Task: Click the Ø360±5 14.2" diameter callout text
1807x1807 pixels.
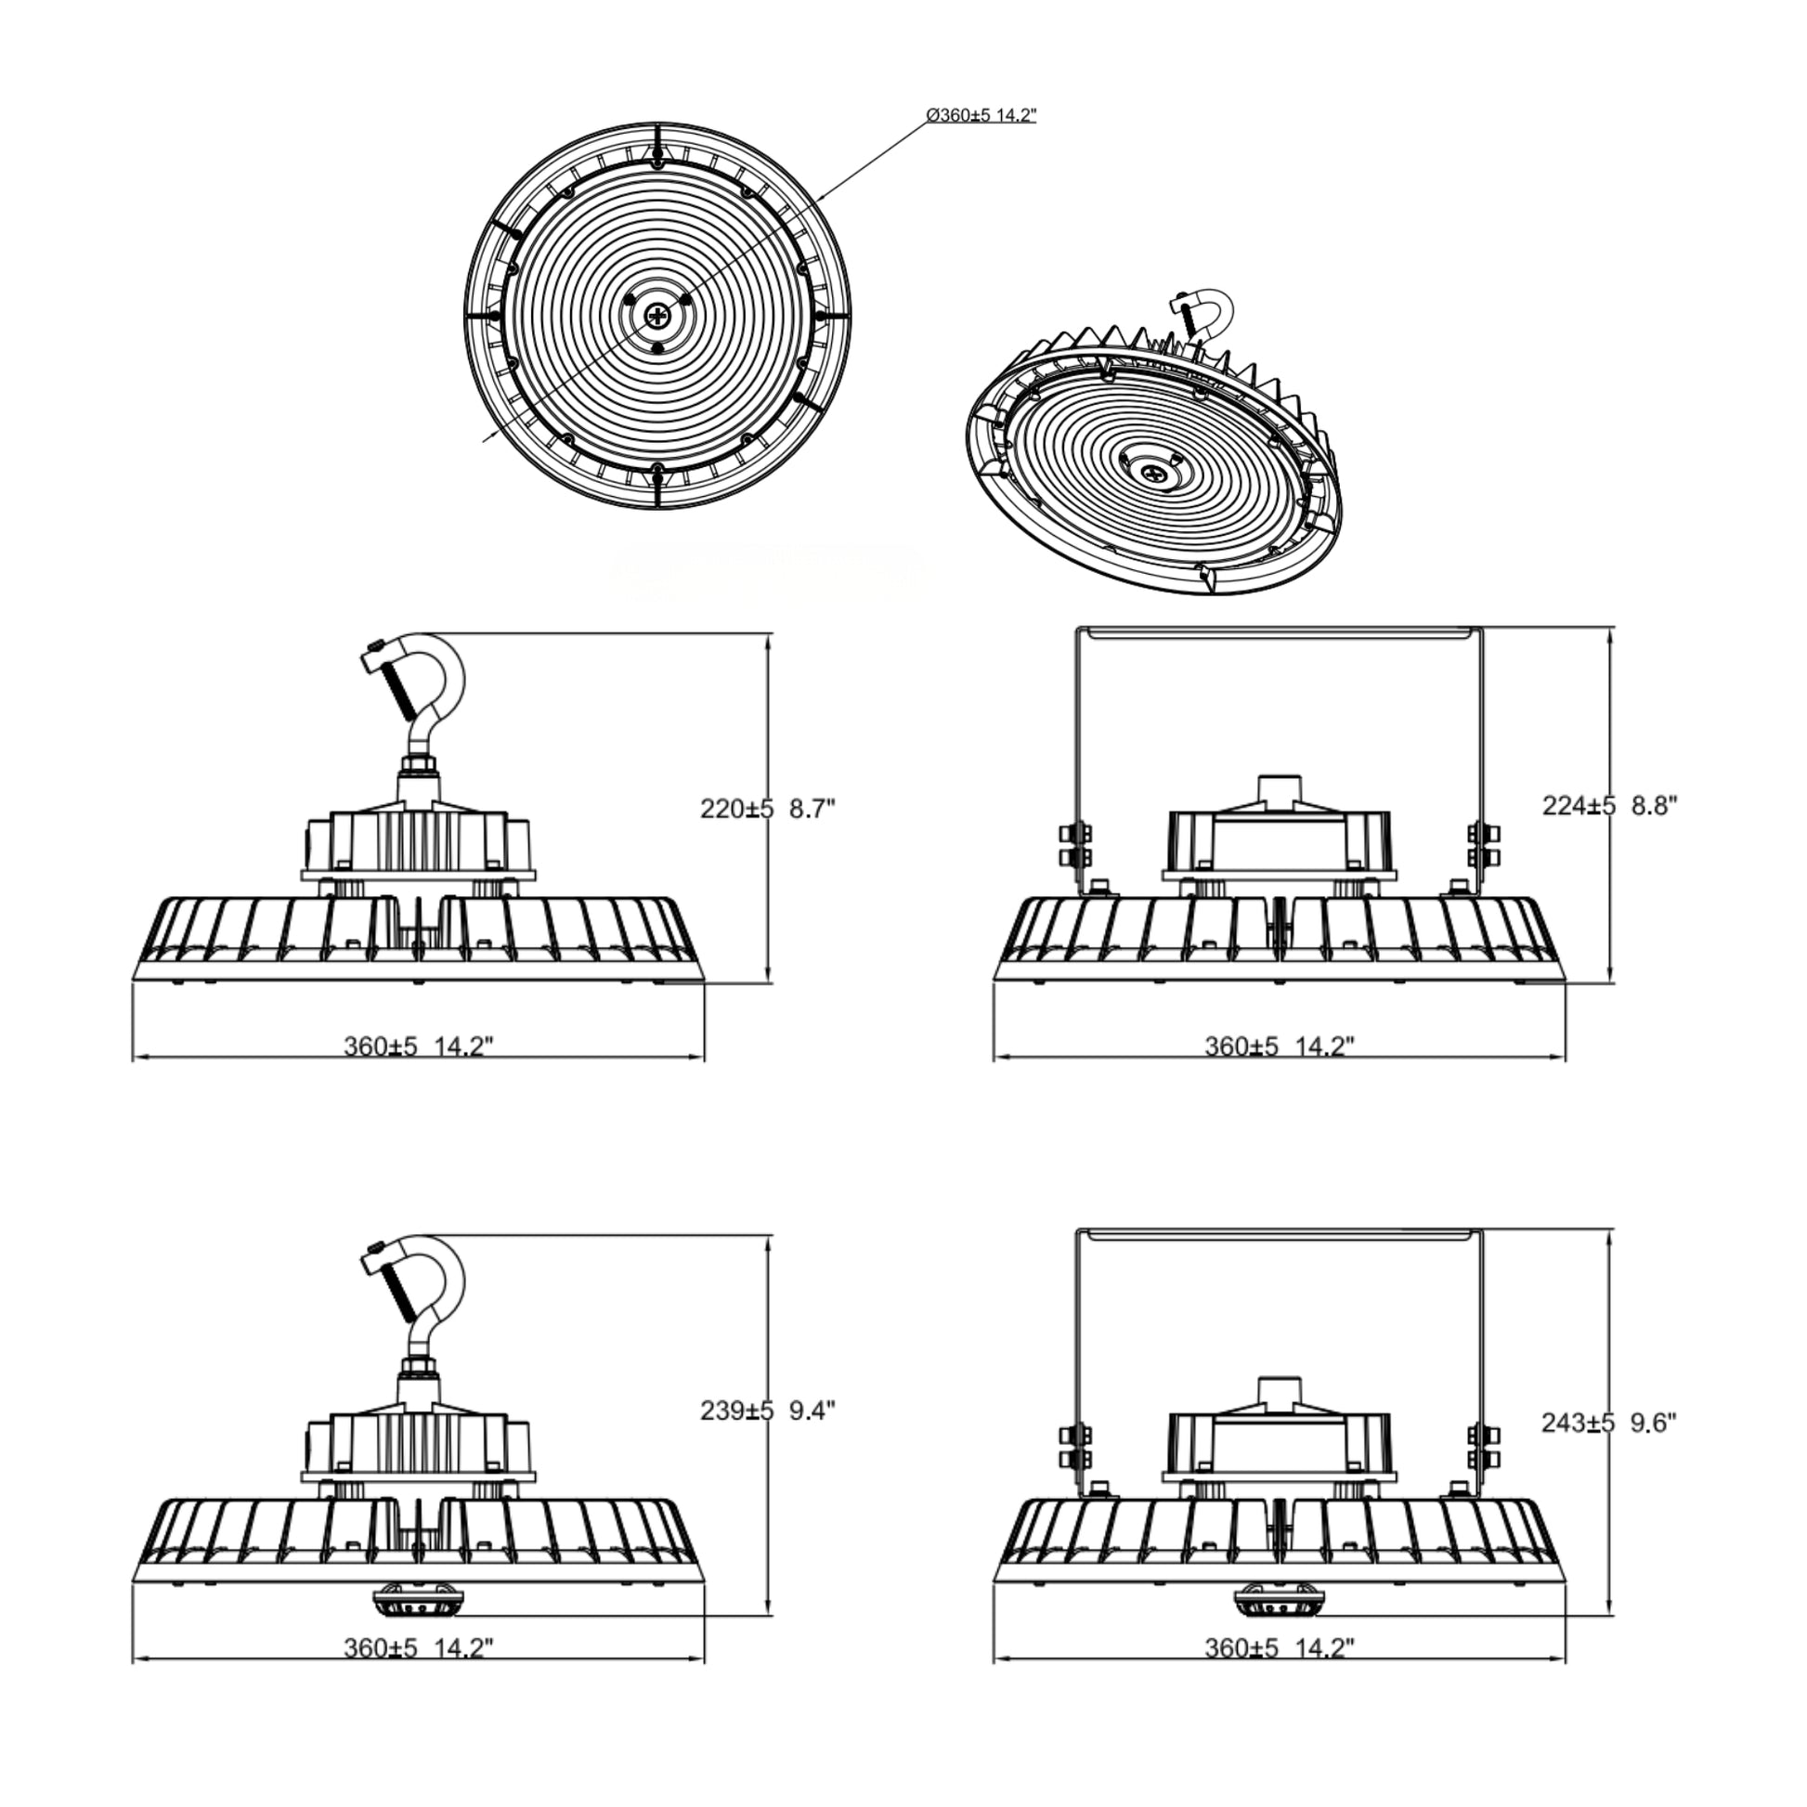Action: click(x=981, y=116)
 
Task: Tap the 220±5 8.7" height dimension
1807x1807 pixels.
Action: click(x=767, y=809)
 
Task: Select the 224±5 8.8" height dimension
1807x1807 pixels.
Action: click(x=1609, y=805)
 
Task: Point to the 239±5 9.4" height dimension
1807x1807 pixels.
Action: click(x=767, y=1410)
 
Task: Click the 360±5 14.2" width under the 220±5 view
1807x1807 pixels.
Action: click(x=418, y=1046)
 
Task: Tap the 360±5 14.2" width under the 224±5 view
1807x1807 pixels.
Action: click(x=1279, y=1046)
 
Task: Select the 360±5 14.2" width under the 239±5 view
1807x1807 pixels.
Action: click(x=418, y=1648)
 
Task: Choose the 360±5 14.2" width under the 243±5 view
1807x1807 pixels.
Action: click(x=1279, y=1648)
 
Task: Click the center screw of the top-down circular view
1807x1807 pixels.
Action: click(x=657, y=315)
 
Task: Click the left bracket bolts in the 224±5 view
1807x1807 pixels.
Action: click(x=1073, y=845)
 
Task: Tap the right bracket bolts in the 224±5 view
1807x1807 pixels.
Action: click(x=1483, y=845)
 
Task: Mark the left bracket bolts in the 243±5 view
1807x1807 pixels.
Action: click(x=1073, y=1447)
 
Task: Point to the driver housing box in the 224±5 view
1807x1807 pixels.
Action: click(x=1279, y=840)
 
